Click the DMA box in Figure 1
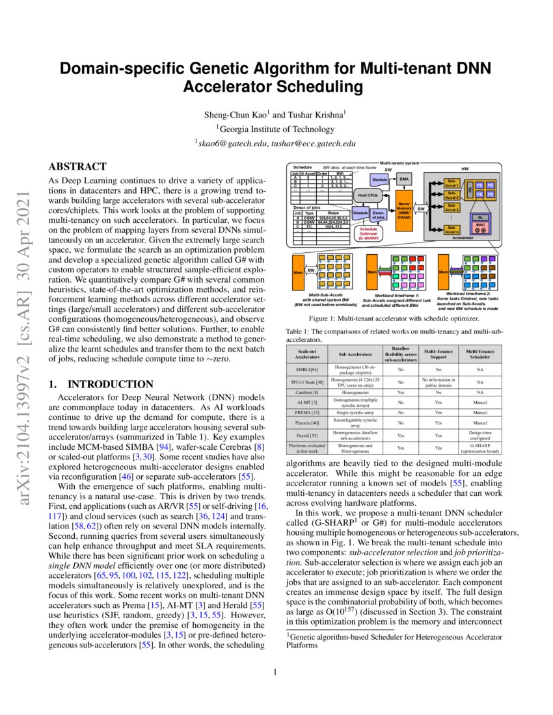tap(404, 177)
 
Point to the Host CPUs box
tap(369, 194)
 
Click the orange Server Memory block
tap(404, 210)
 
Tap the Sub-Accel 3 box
tap(452, 209)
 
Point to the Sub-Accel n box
tap(452, 229)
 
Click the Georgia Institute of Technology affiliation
tap(276, 129)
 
